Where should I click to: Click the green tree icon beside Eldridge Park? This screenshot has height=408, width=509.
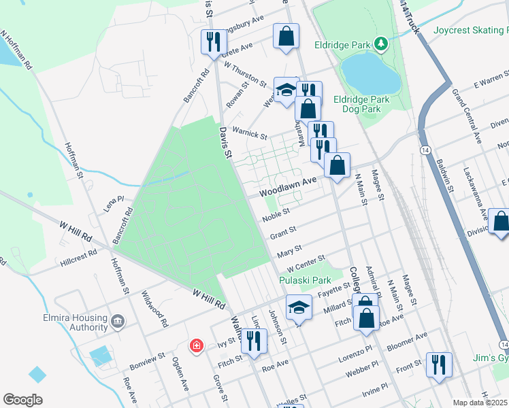point(382,45)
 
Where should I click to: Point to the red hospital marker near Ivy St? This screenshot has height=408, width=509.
point(197,347)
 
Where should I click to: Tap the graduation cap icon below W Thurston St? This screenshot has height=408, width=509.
point(286,89)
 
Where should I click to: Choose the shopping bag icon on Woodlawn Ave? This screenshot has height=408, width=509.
point(337,165)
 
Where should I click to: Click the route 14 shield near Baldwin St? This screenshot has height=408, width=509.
point(425,149)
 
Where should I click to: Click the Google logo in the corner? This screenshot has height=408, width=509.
point(22,400)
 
